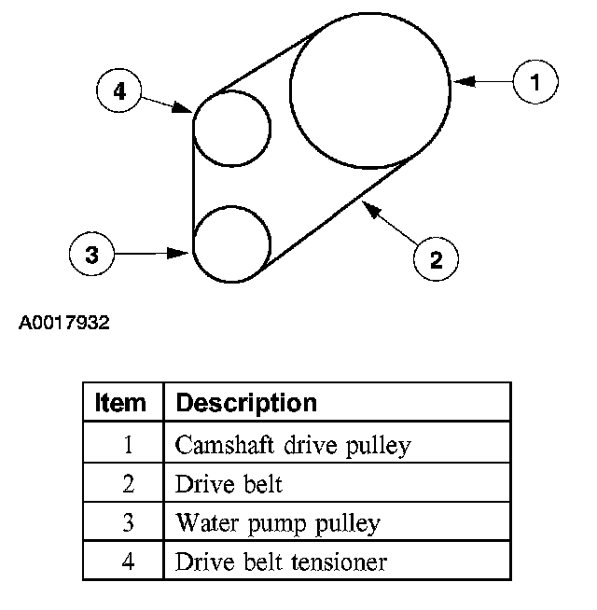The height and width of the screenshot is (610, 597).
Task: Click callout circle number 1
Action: click(x=535, y=82)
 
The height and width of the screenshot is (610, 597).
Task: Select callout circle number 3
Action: click(x=92, y=253)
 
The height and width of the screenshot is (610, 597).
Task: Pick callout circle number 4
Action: click(x=119, y=90)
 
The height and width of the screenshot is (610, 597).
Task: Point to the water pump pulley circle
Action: click(x=231, y=243)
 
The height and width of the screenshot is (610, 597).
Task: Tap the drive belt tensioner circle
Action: click(x=231, y=128)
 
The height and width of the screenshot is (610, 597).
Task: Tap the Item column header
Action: click(x=121, y=403)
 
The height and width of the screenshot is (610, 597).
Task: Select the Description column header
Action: click(x=246, y=403)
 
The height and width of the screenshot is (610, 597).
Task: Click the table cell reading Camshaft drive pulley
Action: click(x=292, y=445)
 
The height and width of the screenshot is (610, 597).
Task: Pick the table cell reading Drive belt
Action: click(x=229, y=484)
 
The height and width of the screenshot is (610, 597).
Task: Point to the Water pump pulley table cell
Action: click(x=277, y=522)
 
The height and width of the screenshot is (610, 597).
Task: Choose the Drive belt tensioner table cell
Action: click(x=281, y=561)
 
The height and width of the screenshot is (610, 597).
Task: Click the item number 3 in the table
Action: click(x=128, y=522)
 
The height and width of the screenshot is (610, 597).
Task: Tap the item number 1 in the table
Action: click(x=128, y=445)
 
